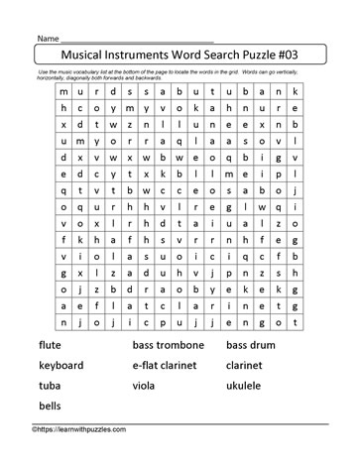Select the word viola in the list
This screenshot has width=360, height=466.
pyautogui.click(x=146, y=386)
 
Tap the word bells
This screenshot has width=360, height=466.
pyautogui.click(x=50, y=407)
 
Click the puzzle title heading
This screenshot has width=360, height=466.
pyautogui.click(x=180, y=57)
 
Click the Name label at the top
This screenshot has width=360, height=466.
pyautogui.click(x=51, y=36)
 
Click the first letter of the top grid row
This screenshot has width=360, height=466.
pyautogui.click(x=64, y=91)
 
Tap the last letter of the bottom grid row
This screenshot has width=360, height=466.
pyautogui.click(x=294, y=322)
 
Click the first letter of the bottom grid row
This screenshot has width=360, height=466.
pyautogui.click(x=64, y=322)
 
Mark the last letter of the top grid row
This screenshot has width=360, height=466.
pyautogui.click(x=294, y=91)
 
